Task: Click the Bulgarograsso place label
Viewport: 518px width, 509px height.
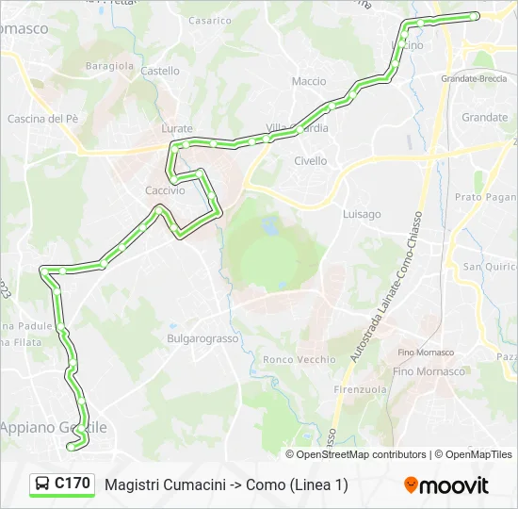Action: [199, 337]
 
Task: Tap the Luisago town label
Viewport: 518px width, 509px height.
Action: [362, 214]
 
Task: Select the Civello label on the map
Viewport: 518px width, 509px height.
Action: [311, 161]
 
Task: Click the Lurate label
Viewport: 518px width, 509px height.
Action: [177, 128]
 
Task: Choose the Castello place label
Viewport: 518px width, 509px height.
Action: [160, 71]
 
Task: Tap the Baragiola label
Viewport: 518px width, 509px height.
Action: [110, 66]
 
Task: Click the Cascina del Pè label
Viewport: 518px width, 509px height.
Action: [42, 119]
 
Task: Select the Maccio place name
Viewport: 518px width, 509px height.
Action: [309, 82]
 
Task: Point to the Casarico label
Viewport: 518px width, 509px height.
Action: [209, 21]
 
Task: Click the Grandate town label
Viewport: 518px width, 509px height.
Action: [485, 118]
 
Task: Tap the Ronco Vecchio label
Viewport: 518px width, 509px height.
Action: [299, 359]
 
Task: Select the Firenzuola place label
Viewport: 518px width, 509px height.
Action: [360, 389]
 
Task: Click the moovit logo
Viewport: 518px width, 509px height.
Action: [446, 485]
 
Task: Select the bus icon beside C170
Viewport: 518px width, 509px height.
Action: [42, 484]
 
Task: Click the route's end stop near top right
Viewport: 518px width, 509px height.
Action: [475, 16]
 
